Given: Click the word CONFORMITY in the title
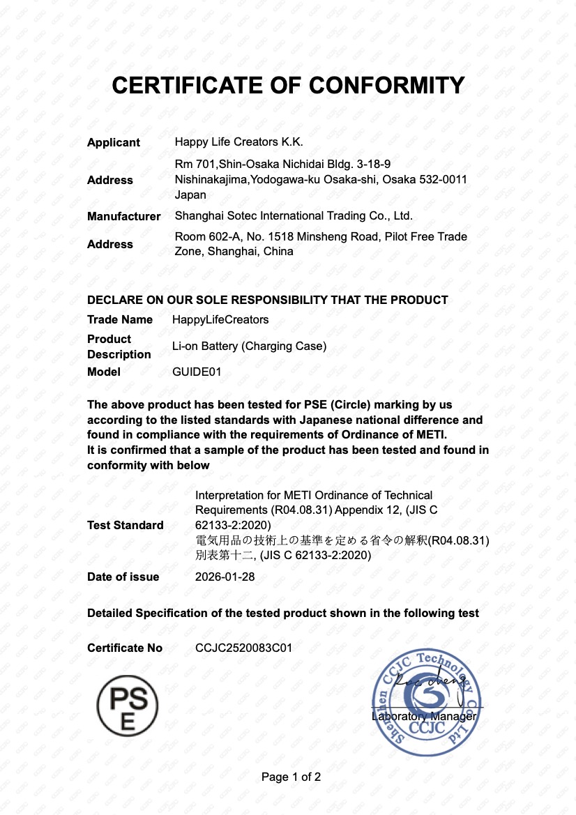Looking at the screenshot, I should point(386,85).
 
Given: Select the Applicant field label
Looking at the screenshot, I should point(114,142).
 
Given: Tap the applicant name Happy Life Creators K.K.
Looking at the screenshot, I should point(238,142).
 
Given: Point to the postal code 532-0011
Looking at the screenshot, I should point(444,179).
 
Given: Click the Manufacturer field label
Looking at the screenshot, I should point(123,216).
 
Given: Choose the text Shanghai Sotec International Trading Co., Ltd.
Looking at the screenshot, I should point(294,216).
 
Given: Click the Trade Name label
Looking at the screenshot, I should point(120,319).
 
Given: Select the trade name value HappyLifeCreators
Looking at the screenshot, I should point(220,319).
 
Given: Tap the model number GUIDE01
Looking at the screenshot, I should point(197,372).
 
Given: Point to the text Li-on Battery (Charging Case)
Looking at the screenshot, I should point(249,346).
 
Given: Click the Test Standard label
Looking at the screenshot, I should point(126,525).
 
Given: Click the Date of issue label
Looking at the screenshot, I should point(123,577).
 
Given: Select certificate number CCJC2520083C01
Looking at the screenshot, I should point(243,648).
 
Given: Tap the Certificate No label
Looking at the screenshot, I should point(125,648).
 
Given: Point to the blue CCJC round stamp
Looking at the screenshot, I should point(427,702).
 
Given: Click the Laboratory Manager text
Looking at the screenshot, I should point(424,716).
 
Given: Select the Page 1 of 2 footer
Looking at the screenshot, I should point(291,777).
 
